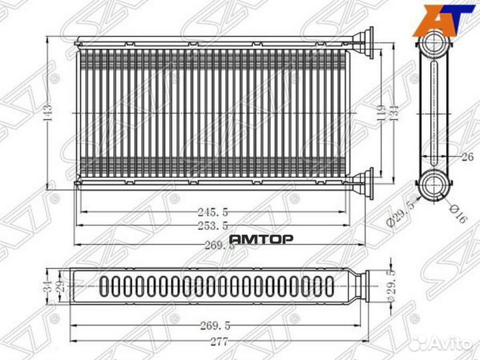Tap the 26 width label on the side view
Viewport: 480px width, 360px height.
[467, 157]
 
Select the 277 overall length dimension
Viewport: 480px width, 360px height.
[217, 342]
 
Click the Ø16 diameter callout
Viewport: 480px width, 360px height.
[457, 211]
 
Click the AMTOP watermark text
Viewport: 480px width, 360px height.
[261, 239]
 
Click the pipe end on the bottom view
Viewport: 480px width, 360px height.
[363, 287]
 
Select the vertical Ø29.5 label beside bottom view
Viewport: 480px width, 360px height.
[393, 287]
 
